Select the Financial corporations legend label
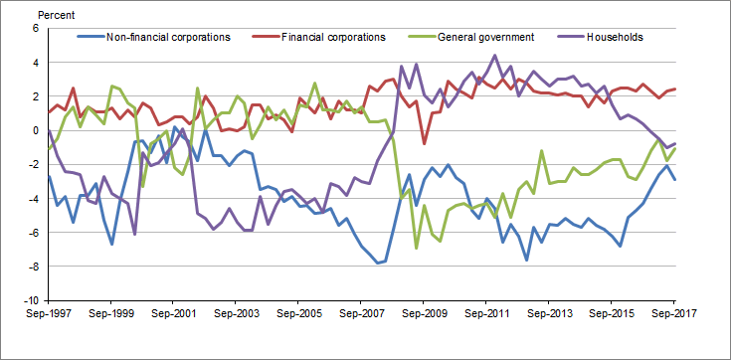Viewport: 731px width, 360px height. tap(333, 38)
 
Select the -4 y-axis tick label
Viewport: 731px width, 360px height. tap(30, 198)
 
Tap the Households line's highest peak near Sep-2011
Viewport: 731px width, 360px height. tap(494, 56)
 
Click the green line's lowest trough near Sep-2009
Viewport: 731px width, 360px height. tap(416, 248)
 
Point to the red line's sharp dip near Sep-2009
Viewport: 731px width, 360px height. tap(425, 144)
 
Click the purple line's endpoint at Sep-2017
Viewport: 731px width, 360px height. tap(675, 143)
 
